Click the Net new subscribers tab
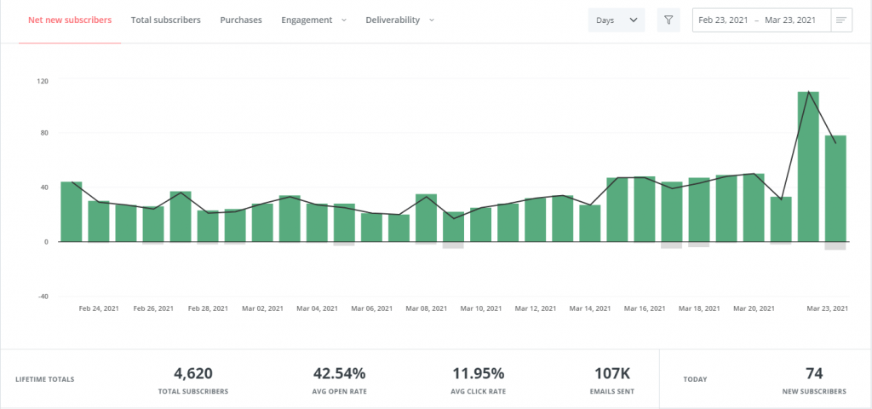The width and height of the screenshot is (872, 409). point(70,20)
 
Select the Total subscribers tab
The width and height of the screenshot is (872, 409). point(166,20)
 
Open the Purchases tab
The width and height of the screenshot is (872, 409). point(241,20)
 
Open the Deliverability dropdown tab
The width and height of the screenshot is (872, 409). point(399,20)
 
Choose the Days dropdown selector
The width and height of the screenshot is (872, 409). point(617,20)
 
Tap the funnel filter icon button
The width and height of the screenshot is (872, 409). point(668,20)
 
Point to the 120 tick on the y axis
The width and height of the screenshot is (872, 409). point(43,81)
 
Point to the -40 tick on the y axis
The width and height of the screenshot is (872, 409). point(43,297)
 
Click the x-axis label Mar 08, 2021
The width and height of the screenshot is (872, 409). point(427,308)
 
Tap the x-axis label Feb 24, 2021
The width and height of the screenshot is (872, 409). point(99,308)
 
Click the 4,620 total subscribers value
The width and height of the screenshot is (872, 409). point(192,373)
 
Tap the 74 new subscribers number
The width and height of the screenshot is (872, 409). point(813,373)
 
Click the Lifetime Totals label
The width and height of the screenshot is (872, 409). point(44,379)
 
